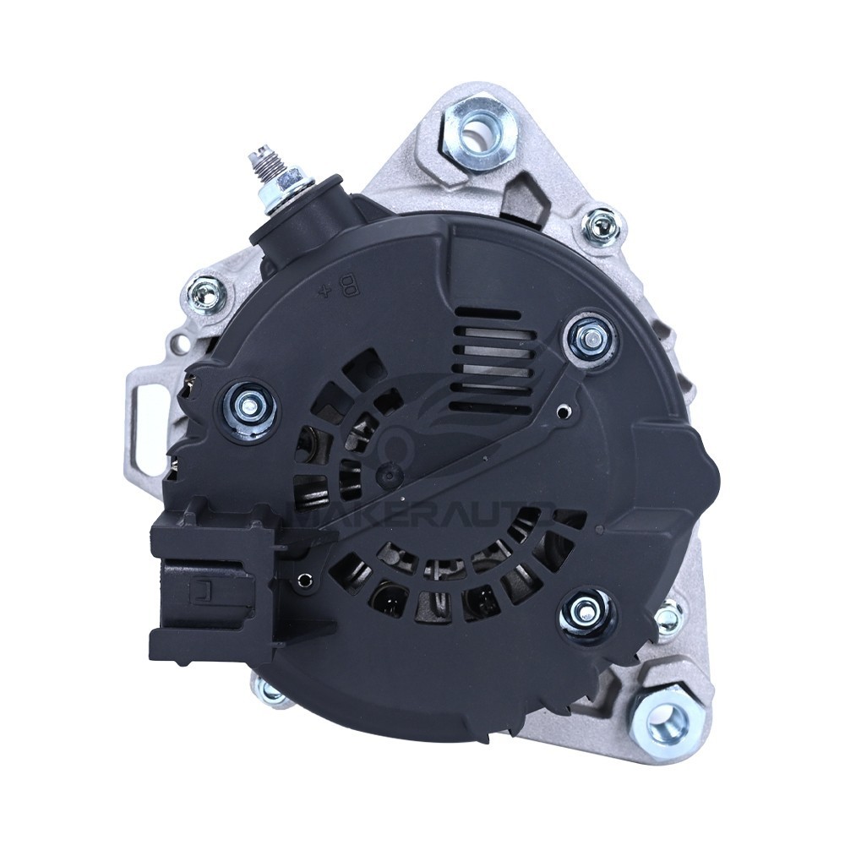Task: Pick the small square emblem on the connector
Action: [x=204, y=592]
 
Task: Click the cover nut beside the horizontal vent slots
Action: [x=589, y=336]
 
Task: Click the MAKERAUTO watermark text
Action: [x=422, y=515]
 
